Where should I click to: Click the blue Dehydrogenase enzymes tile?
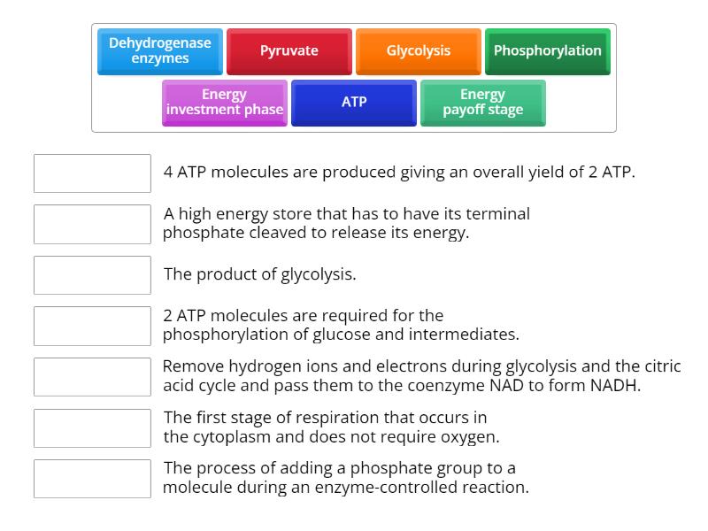click(160, 51)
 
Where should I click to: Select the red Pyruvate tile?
click(289, 51)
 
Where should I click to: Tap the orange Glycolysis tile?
click(419, 51)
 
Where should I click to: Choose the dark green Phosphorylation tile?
click(547, 51)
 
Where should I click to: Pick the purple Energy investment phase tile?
click(225, 103)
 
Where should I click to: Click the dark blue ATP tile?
click(354, 103)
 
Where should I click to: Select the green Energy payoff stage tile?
click(483, 103)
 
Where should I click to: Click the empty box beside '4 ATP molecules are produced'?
click(92, 173)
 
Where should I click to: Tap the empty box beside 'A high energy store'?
click(92, 224)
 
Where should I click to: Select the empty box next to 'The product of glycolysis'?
click(92, 275)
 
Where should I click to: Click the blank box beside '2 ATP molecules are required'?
click(92, 326)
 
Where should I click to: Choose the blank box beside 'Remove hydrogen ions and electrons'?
click(92, 377)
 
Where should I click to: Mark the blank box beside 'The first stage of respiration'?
click(92, 427)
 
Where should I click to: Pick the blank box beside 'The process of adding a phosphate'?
click(92, 479)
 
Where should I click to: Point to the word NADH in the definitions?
click(616, 386)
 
